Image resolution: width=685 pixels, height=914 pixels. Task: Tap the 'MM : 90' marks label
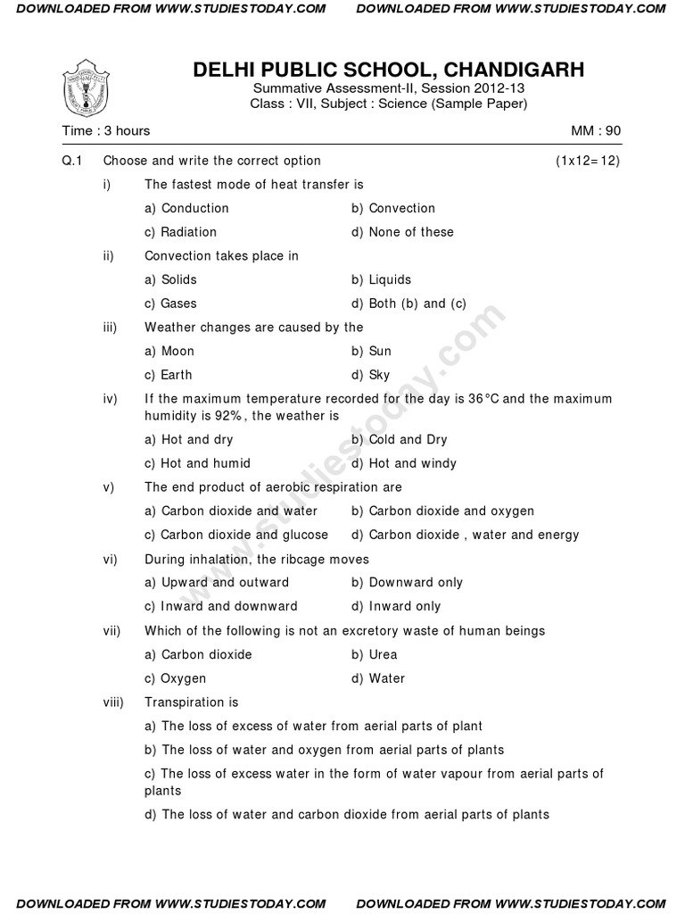[x=596, y=130]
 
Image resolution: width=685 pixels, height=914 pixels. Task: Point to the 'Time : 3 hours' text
[x=105, y=130]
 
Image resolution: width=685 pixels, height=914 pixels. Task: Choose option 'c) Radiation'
[x=180, y=232]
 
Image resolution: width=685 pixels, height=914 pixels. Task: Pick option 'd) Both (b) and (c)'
[x=409, y=303]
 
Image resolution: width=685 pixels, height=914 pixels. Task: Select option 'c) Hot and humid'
[x=197, y=463]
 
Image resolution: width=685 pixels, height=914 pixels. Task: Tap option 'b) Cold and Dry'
[x=399, y=439]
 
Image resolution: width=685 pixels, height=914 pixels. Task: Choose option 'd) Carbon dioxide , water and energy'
[x=465, y=535]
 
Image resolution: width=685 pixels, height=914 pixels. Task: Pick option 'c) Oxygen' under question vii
[x=175, y=678]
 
